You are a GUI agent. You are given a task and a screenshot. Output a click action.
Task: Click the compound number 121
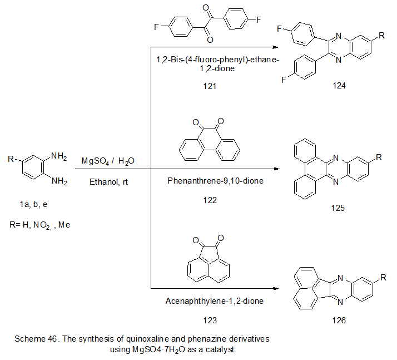pos(210,86)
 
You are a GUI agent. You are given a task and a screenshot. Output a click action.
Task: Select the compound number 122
pos(210,200)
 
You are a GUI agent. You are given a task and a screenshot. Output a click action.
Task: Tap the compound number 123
pos(210,320)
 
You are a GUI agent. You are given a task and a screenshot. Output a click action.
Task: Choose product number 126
pos(336,320)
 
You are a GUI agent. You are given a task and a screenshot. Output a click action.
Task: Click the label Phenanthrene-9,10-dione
pos(210,181)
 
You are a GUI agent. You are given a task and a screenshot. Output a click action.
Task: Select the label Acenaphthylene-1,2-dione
pos(210,301)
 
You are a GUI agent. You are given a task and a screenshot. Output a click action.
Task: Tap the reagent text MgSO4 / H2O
pos(108,161)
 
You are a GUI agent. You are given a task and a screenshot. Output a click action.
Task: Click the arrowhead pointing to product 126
pos(275,289)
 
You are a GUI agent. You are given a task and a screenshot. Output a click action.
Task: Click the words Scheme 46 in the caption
pos(34,338)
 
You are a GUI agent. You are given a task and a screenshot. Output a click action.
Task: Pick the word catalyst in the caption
pos(221,349)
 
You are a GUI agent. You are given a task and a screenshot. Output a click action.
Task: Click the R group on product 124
pos(381,36)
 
